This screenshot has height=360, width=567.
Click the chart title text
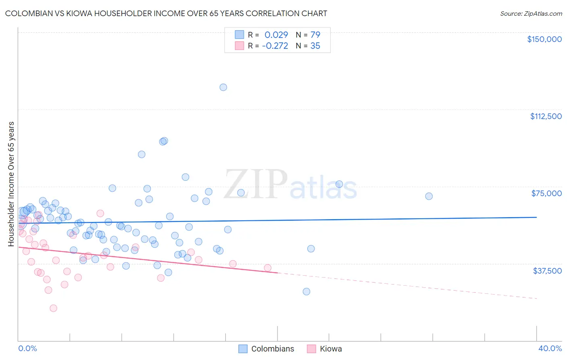[x=166, y=13]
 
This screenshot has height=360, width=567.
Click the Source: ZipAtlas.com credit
[x=531, y=13]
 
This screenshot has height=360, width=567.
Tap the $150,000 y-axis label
[x=544, y=39]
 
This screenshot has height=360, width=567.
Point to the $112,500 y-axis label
[x=546, y=116]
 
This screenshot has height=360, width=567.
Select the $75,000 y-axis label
[x=546, y=193]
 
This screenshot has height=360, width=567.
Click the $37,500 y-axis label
[x=547, y=271]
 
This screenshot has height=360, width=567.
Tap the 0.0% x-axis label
[x=27, y=348]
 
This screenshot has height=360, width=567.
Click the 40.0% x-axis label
[x=550, y=348]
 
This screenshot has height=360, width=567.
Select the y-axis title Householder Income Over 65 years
[x=11, y=184]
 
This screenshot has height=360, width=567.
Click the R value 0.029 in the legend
[x=276, y=35]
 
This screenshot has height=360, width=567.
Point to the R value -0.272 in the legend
[x=275, y=46]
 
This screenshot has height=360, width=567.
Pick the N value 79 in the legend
[x=315, y=35]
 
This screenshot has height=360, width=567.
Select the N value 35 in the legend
[x=315, y=46]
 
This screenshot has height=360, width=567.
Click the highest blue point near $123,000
[x=223, y=87]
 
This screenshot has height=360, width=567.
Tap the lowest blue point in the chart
[x=306, y=291]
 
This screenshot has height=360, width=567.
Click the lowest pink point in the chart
[x=53, y=308]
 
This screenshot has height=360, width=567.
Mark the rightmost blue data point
[x=429, y=196]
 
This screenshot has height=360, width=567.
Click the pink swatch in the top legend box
[x=240, y=46]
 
